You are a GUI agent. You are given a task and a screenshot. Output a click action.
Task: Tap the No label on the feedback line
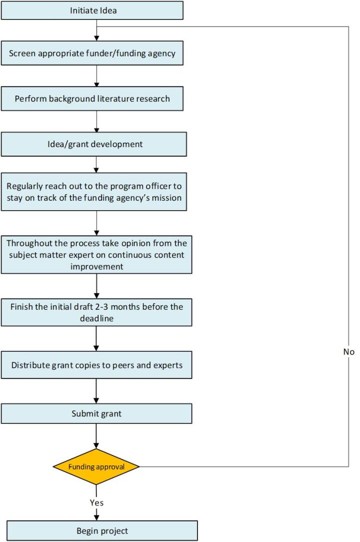click(x=348, y=352)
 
